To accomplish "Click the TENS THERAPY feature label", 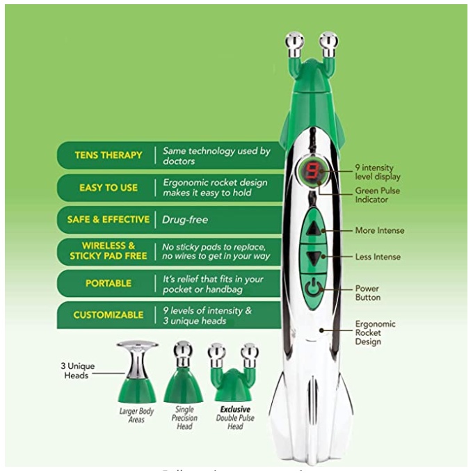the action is (108, 155).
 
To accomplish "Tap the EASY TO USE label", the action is (108, 187).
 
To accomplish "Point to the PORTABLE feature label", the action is (108, 283).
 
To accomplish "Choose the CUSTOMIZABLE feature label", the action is (108, 315).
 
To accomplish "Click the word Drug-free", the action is (185, 219).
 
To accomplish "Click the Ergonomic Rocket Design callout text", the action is (375, 332).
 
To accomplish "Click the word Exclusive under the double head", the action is (235, 410).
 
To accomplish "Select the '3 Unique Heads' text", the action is (77, 370).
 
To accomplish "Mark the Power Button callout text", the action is (368, 292).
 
